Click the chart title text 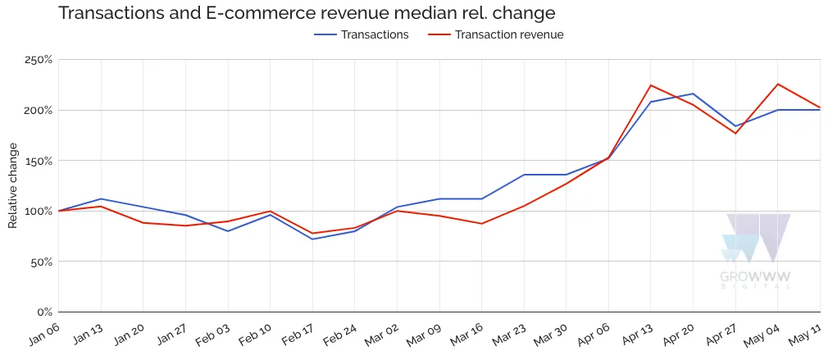306,13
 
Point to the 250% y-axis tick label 39,60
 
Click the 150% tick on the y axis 39,161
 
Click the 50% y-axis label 41,262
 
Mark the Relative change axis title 13,185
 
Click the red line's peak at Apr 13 651,85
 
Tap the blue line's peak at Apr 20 694,93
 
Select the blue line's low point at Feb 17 312,239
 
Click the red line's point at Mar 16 482,224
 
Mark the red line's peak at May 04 778,84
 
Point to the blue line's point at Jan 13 101,198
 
